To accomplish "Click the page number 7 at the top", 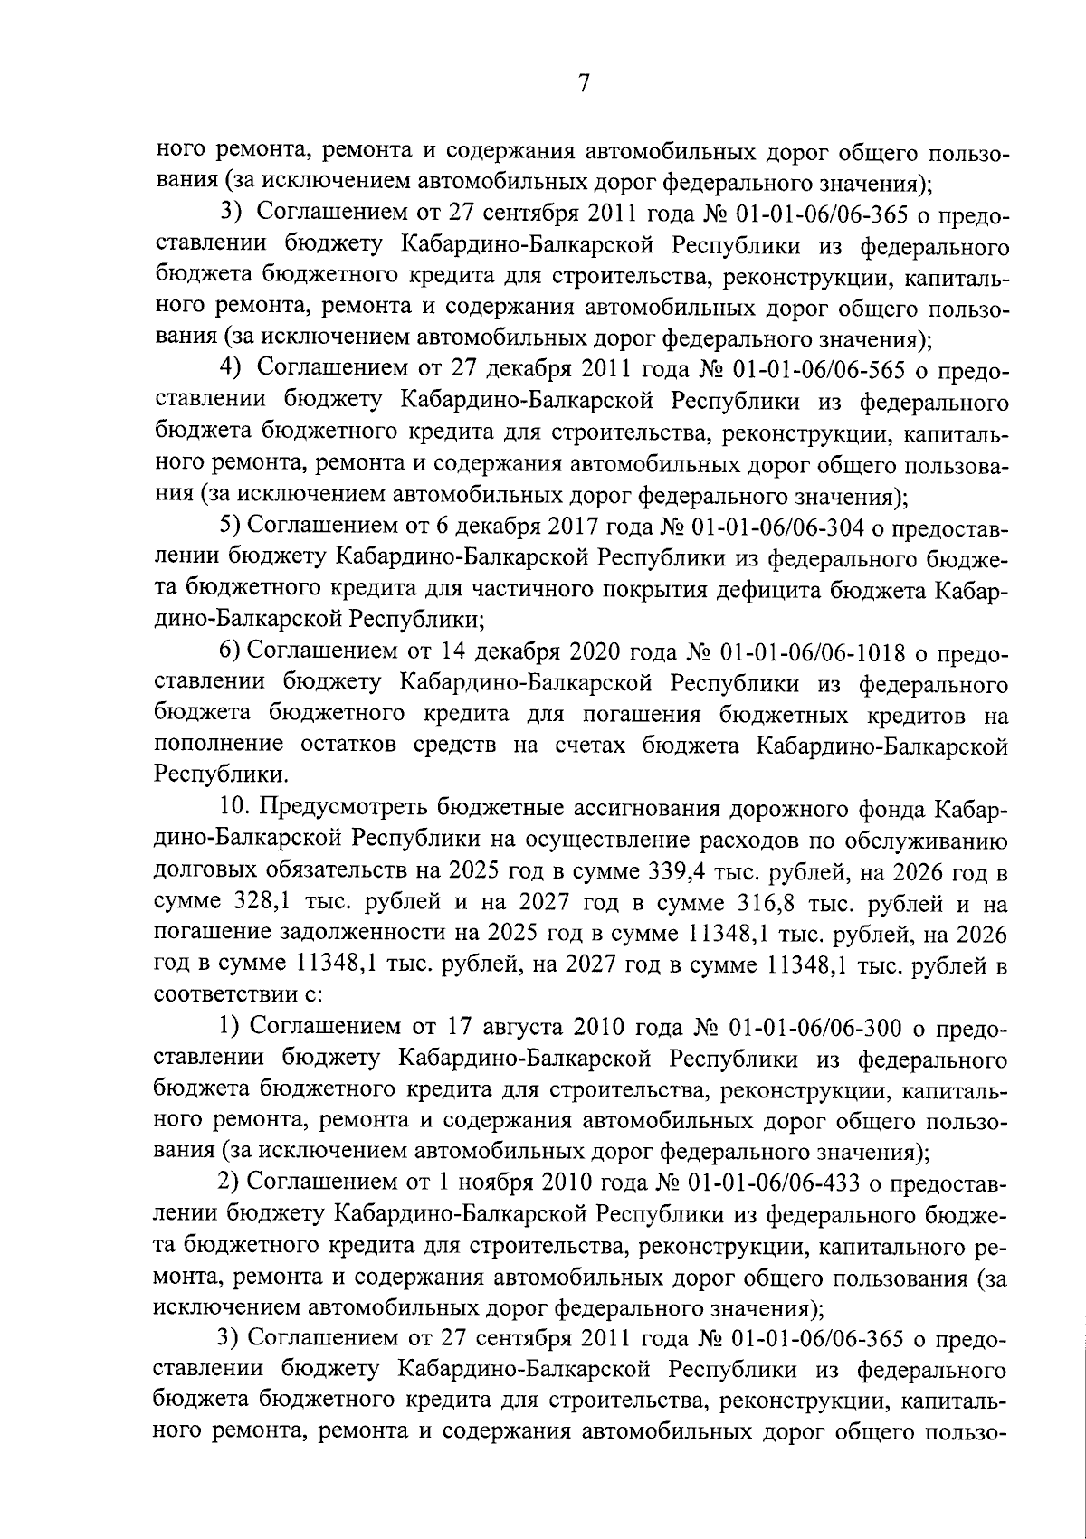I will click(584, 83).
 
